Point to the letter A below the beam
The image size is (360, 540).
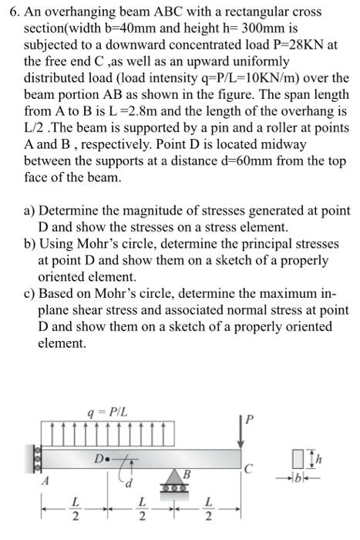45,481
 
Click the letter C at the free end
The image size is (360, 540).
246,467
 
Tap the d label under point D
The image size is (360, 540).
130,484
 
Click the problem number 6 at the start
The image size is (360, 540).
11,13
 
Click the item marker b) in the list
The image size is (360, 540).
29,244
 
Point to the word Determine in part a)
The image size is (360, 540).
72,210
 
